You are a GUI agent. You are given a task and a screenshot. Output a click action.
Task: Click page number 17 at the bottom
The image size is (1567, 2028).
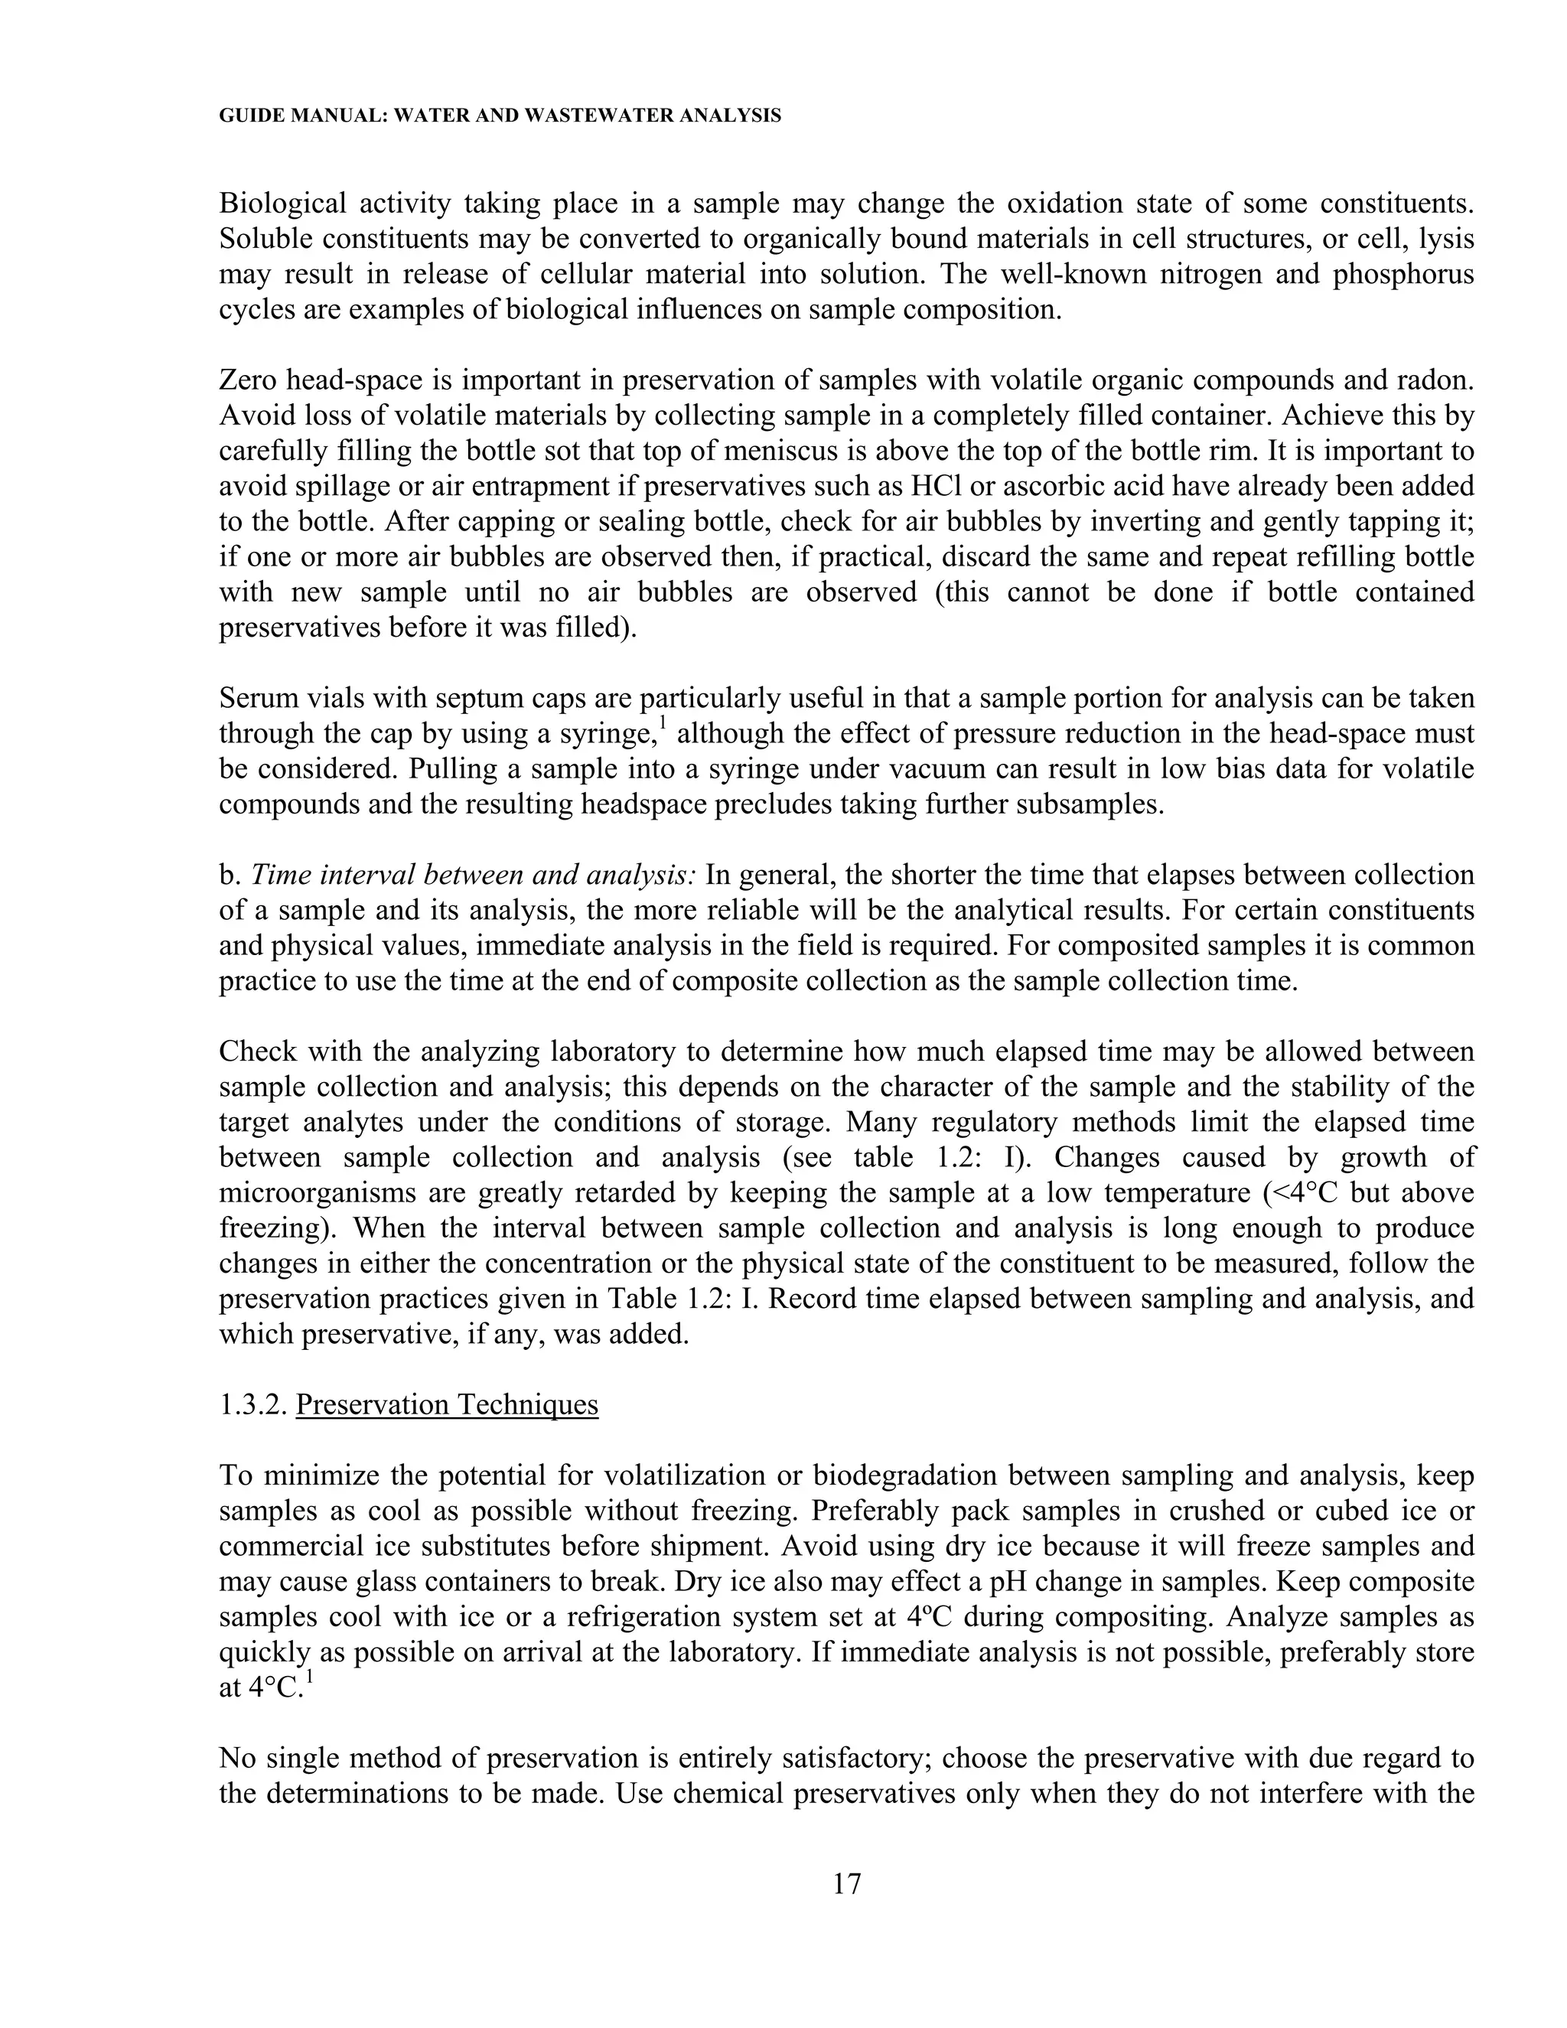847,1883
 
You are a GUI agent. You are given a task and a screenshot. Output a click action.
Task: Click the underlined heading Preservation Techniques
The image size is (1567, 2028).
447,1405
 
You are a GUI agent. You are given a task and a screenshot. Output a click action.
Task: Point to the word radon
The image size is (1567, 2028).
1435,380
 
